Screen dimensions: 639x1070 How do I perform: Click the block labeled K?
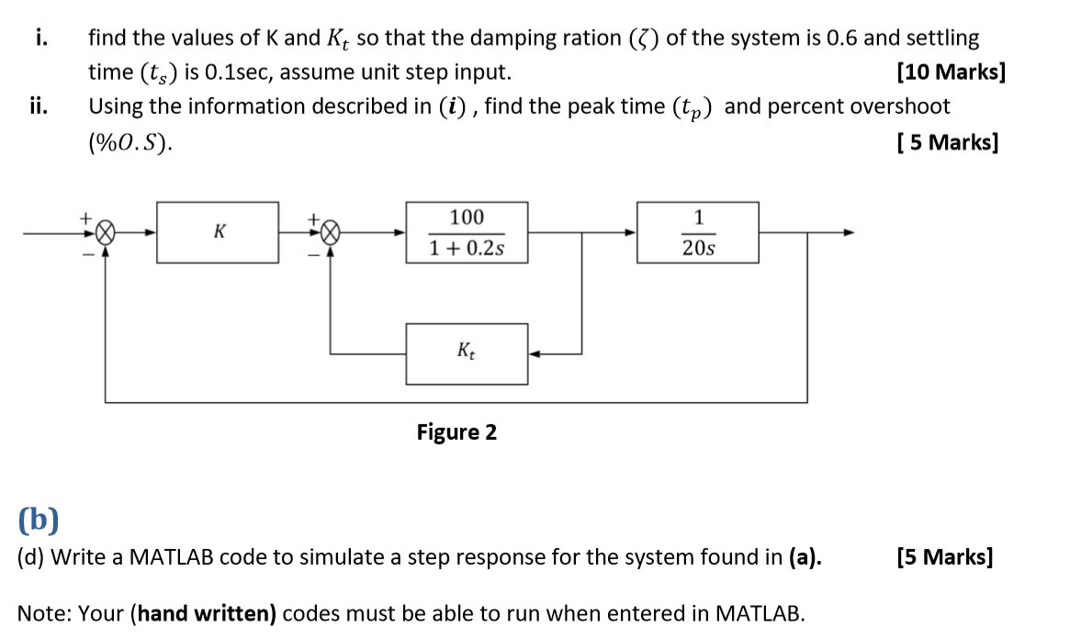pos(218,232)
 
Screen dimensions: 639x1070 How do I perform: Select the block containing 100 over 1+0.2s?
pos(467,232)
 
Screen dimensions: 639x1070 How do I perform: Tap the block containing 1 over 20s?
pos(698,232)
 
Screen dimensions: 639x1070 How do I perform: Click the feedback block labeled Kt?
pos(467,353)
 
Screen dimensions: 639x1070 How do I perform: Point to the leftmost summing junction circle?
pos(106,232)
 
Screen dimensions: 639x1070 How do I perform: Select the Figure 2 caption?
pos(456,432)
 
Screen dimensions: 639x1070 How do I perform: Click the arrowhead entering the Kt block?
pos(535,353)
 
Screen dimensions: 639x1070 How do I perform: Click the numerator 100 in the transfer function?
pos(467,218)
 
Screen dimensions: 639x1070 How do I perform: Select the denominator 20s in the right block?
pos(698,249)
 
